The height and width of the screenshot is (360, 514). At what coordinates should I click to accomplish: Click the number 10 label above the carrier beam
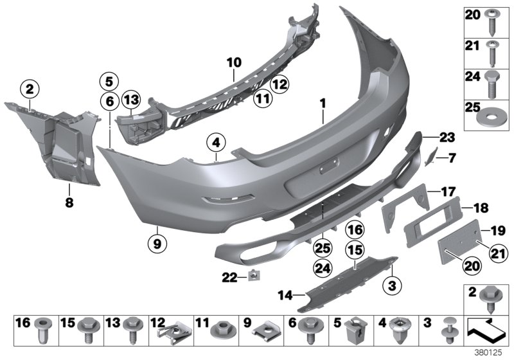pos(233,62)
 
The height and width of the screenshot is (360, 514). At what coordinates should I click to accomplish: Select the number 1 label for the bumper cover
pos(324,103)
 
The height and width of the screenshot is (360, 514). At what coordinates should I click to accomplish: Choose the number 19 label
pos(497,229)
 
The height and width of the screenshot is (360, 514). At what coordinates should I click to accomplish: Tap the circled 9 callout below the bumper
pos(155,243)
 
